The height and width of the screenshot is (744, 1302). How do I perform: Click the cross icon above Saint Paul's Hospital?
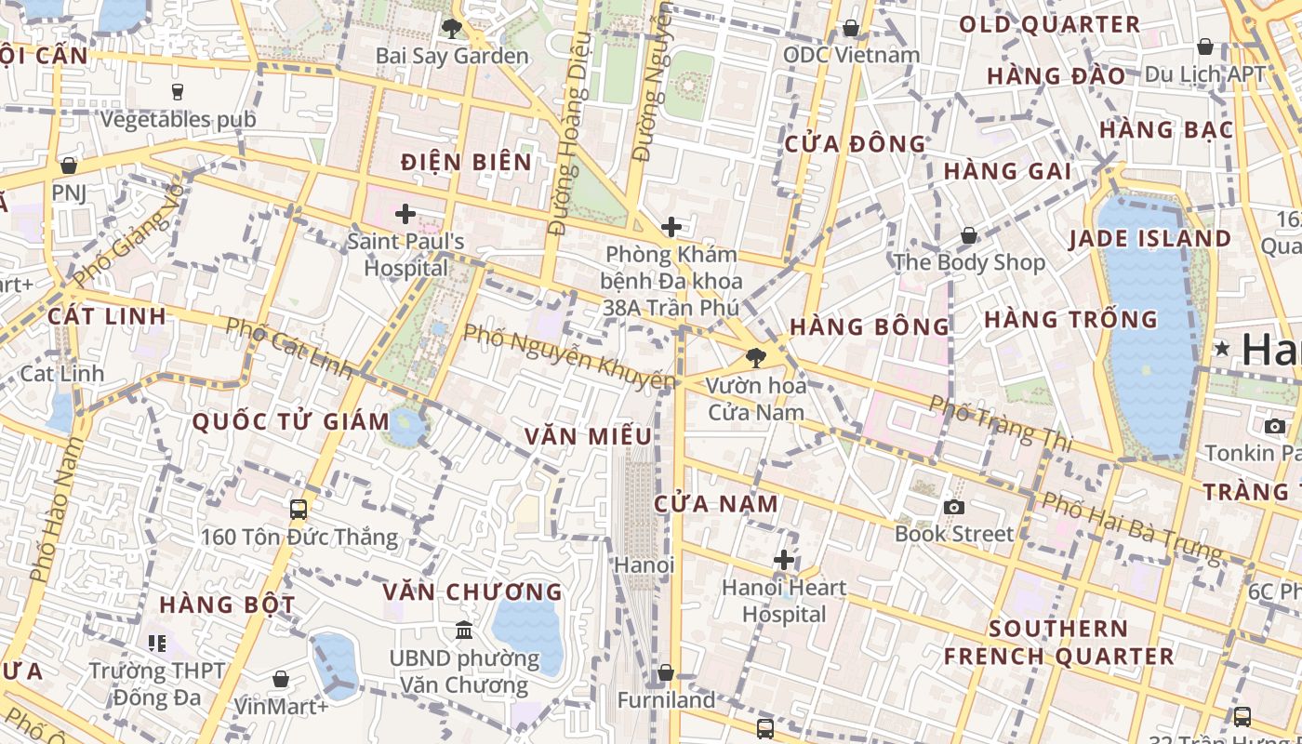(405, 214)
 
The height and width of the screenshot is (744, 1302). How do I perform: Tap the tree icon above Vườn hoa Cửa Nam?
(755, 356)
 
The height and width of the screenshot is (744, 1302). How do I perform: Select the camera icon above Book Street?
(953, 507)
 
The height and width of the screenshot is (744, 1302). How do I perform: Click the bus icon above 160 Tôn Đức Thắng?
(299, 509)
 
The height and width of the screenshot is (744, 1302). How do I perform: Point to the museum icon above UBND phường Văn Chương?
(463, 631)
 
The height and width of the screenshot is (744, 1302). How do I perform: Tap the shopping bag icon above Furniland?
(666, 671)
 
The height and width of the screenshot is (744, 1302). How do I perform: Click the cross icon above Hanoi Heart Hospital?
(784, 560)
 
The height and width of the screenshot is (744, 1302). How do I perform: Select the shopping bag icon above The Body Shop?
(969, 235)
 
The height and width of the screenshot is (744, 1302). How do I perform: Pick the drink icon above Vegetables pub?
(177, 91)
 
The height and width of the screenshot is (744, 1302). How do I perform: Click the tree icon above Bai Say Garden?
(452, 28)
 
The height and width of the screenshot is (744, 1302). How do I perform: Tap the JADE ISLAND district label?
(1149, 239)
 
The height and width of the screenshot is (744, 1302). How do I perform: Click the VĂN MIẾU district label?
(587, 436)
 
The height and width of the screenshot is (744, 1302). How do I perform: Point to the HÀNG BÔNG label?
(870, 326)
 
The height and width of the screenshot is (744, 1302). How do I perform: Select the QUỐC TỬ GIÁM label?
(290, 421)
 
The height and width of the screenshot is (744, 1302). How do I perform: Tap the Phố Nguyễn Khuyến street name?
(568, 356)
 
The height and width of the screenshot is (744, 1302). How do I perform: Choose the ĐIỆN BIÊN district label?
(466, 162)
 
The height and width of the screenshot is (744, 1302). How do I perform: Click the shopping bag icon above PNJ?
(68, 166)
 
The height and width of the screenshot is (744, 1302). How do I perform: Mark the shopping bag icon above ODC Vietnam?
(850, 28)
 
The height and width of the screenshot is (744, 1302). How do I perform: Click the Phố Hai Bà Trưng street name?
(1131, 526)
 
